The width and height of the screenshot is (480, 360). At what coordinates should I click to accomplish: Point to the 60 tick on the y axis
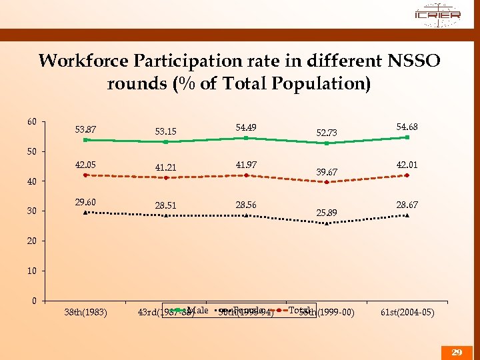31,122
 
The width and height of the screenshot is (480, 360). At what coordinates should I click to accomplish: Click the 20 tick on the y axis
31,241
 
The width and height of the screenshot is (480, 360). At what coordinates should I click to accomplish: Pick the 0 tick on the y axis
33,301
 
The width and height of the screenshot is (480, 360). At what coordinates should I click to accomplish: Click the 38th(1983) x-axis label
85,312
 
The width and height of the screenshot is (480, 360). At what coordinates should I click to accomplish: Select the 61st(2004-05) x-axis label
407,312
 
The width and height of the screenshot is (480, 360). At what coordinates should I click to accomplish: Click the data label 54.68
407,127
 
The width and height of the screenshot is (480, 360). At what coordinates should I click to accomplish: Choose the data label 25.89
327,213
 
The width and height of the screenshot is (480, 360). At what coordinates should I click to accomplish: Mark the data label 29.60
85,202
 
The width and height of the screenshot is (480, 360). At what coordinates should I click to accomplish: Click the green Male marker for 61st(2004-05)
407,137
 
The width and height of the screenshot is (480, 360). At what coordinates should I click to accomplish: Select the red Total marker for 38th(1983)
86,175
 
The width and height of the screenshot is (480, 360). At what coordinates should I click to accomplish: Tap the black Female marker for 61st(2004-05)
407,215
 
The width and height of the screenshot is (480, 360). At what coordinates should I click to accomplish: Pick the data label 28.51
165,205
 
